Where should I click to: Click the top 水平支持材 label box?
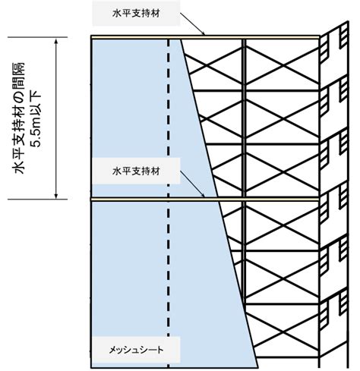coord(136,13)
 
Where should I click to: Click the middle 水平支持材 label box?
coord(136,171)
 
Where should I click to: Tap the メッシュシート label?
coord(136,350)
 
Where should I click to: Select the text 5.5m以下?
coord(36,119)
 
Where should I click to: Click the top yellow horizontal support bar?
coord(205,37)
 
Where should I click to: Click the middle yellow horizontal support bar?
coord(205,200)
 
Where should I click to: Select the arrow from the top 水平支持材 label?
coord(192,24)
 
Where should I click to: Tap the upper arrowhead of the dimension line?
coord(56,40)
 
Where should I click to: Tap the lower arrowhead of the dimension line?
coord(56,196)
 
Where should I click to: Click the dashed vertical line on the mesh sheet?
coord(169,203)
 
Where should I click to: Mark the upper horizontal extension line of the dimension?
coord(38,37)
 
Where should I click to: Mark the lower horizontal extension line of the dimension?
coord(38,200)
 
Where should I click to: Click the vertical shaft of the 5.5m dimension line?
coord(56,118)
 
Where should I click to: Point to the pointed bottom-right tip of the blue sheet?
coord(257,366)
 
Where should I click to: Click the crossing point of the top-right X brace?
coord(283,65)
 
